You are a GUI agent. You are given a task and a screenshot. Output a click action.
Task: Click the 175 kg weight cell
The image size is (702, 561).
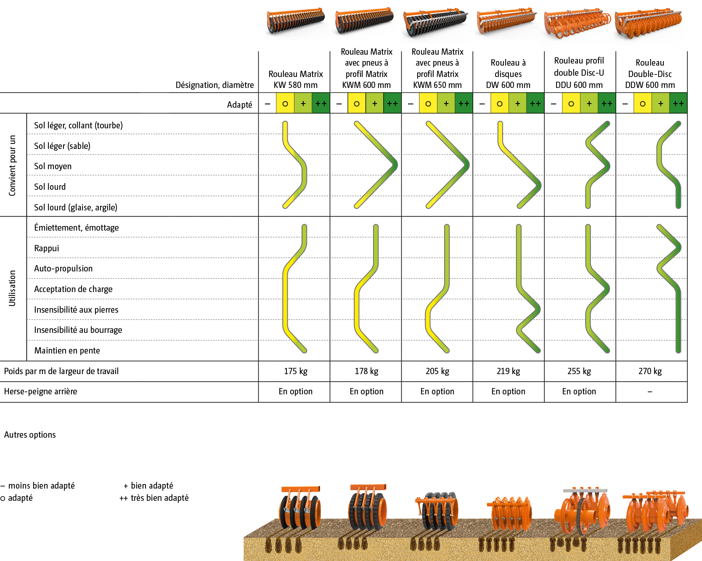[x=296, y=371]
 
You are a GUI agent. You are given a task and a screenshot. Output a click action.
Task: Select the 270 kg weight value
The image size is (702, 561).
[x=650, y=371]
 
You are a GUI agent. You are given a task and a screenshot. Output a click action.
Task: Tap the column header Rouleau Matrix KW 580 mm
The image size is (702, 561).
[x=296, y=80]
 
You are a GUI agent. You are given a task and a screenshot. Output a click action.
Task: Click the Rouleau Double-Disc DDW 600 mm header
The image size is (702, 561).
[x=650, y=74]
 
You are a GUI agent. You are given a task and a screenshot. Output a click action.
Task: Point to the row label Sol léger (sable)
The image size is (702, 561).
[x=62, y=146]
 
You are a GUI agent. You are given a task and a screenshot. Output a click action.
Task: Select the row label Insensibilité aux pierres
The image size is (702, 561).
[x=76, y=310]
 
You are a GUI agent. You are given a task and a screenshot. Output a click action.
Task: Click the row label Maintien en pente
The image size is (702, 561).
[x=67, y=351]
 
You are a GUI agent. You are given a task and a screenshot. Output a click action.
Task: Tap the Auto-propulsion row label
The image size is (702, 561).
[x=64, y=269]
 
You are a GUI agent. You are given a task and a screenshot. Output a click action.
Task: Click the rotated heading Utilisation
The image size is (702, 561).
[x=12, y=288]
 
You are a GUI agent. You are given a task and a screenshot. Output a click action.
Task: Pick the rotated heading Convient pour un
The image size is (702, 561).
[x=12, y=165]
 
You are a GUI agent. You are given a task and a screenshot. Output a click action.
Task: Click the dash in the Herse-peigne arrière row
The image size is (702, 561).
[x=650, y=392]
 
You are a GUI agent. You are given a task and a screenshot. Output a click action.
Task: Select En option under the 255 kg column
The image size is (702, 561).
[x=579, y=391]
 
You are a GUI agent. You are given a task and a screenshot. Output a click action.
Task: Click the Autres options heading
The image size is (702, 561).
[x=30, y=435]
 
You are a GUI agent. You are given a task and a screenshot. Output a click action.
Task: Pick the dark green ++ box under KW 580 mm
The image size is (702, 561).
[x=321, y=104]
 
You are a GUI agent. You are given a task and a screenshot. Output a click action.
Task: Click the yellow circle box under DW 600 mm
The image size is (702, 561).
[x=500, y=104]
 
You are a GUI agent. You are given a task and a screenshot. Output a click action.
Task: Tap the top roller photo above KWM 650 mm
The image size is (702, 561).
[x=435, y=23]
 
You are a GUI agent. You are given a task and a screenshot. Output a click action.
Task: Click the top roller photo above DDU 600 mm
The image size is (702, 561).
[x=577, y=23]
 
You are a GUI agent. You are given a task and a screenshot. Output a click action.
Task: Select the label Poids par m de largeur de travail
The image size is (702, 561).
[x=61, y=371]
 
